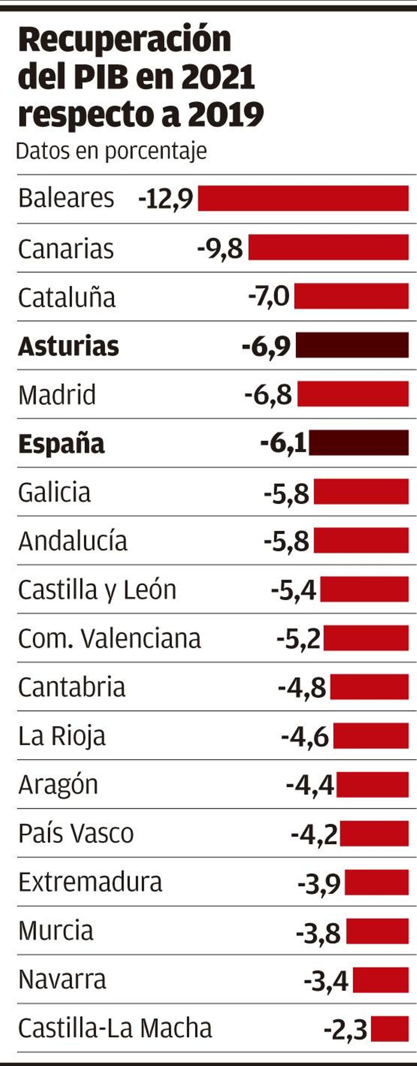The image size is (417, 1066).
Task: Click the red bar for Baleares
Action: tap(303, 198)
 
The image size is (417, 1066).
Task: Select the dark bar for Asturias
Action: tap(352, 345)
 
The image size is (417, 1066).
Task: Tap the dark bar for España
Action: tap(359, 443)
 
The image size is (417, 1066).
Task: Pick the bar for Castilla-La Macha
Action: tap(390, 1029)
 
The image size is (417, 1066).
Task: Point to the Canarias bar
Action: tap(328, 247)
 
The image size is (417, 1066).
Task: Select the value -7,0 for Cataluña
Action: tap(269, 297)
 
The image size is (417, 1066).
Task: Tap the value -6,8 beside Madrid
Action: tap(268, 394)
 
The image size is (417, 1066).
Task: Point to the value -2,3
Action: tap(345, 1030)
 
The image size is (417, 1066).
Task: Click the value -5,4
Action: tap(294, 590)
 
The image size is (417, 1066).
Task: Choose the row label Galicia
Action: tap(55, 492)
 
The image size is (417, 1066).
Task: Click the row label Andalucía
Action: tap(73, 541)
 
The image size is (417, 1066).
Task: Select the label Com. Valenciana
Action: tap(109, 639)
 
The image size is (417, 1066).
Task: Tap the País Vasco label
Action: tap(76, 834)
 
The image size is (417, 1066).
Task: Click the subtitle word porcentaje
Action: tap(156, 151)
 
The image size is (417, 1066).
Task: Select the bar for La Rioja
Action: tap(371, 736)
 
